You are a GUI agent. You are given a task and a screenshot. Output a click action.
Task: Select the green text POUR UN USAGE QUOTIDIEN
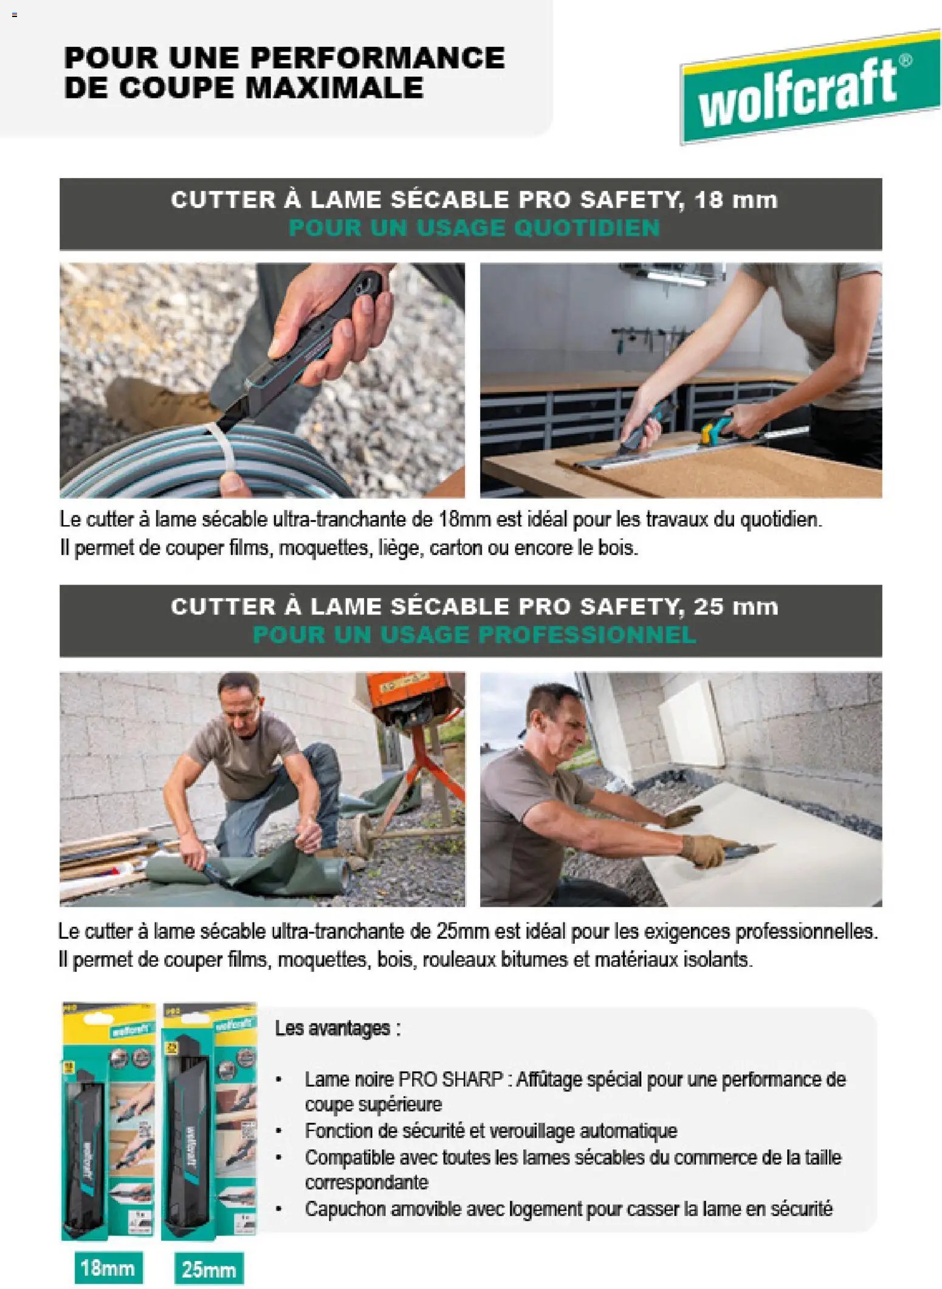tap(474, 228)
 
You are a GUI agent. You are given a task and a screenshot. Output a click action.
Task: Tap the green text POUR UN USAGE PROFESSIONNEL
tap(474, 634)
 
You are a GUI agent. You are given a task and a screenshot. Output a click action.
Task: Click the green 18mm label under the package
tap(108, 1268)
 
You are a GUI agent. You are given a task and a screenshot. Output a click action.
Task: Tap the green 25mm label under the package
tap(208, 1269)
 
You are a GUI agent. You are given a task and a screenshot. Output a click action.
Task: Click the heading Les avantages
tap(337, 1028)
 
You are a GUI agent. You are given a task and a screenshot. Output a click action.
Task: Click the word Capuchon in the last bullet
tap(345, 1209)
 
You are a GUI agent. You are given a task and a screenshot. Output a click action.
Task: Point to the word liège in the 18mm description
tap(400, 548)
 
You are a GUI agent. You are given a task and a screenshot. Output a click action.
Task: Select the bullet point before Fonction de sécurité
tap(279, 1131)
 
